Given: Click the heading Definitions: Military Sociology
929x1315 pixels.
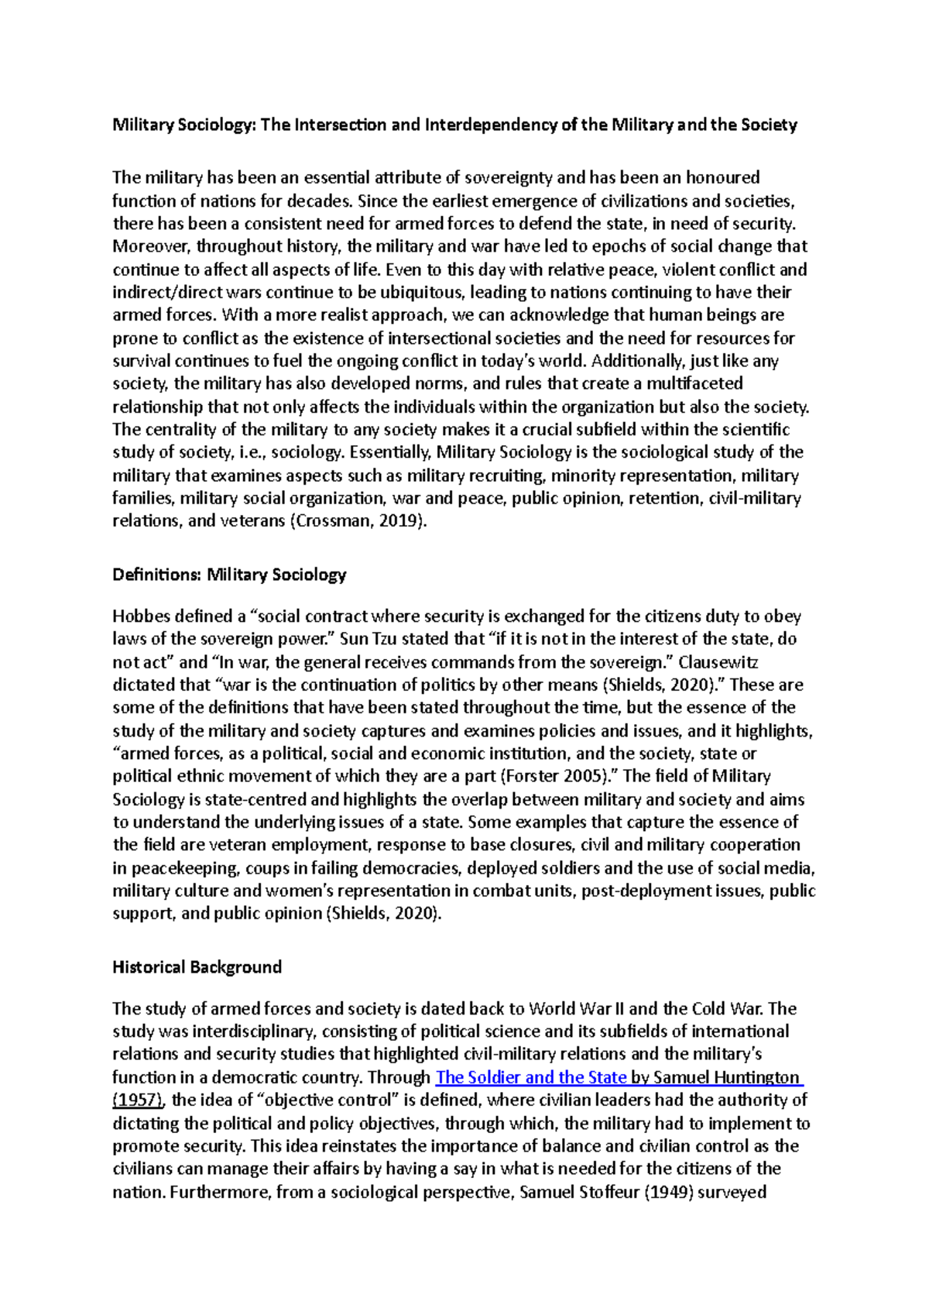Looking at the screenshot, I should tap(229, 575).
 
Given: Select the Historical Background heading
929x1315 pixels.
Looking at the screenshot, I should tap(197, 967).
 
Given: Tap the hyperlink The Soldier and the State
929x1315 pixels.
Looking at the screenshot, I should tap(531, 1077).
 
